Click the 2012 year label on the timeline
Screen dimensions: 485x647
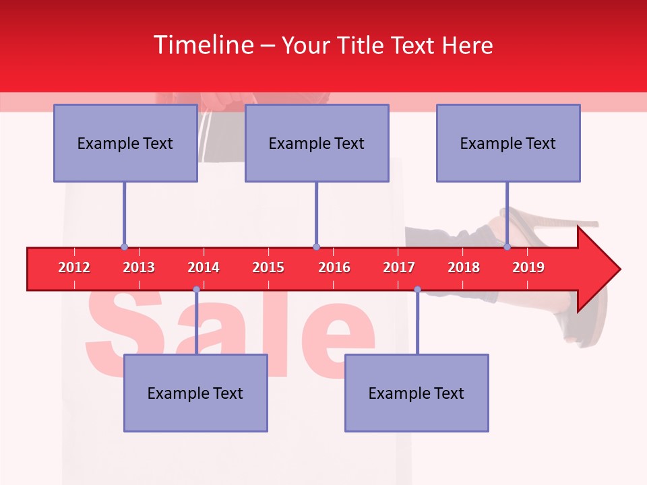coord(74,267)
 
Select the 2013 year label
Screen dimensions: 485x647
coord(139,267)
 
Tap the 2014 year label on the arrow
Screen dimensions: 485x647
coord(204,267)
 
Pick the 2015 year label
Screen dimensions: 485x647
coord(268,267)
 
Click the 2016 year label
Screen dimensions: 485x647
coord(334,267)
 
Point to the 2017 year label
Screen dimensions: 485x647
coord(399,267)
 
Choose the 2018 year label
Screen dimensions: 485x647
coord(464,267)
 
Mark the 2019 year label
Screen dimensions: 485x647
coord(528,267)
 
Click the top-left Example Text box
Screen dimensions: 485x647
coord(125,143)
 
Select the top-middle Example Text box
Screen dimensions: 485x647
coord(317,143)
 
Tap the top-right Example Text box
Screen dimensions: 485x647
coord(508,143)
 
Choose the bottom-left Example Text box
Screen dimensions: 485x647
coord(195,393)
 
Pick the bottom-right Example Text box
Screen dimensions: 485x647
coord(417,393)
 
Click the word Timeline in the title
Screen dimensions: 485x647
coord(202,45)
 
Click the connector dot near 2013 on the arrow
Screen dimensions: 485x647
coord(124,247)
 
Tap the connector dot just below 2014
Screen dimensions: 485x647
coord(196,290)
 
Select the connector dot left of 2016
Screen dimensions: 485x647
coord(316,247)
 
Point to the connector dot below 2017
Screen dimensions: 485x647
coord(417,290)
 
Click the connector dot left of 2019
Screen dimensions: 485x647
coord(507,247)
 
